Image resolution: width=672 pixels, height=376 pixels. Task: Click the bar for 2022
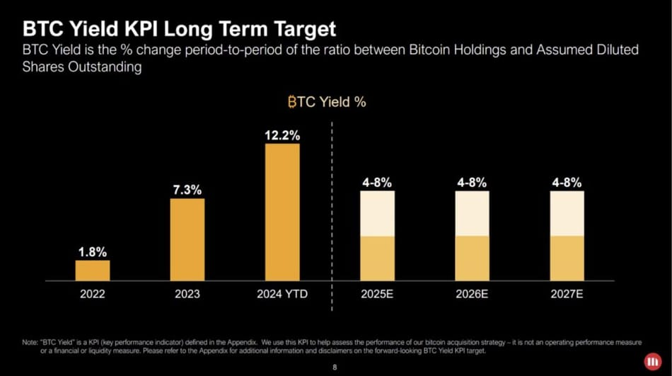(93, 270)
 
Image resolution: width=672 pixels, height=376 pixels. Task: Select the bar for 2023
(187, 239)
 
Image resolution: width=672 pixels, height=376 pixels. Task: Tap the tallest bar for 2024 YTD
(282, 212)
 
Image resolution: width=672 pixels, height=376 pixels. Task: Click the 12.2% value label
(282, 135)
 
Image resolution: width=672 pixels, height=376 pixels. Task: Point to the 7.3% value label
(187, 190)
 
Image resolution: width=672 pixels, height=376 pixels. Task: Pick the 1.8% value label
(93, 251)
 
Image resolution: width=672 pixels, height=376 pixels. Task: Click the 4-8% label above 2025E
(377, 183)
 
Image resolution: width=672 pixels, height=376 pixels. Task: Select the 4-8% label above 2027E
(567, 183)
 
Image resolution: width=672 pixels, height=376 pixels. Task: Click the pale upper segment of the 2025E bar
(377, 213)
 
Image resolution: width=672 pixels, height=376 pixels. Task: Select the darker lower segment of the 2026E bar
(472, 258)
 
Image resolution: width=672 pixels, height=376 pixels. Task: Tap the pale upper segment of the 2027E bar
(567, 213)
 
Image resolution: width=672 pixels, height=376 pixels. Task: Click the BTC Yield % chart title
(326, 102)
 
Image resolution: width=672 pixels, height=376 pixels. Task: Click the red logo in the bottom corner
(650, 361)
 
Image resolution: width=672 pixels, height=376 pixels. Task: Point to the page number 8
(335, 368)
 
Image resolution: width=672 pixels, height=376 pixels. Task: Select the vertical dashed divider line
(331, 212)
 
